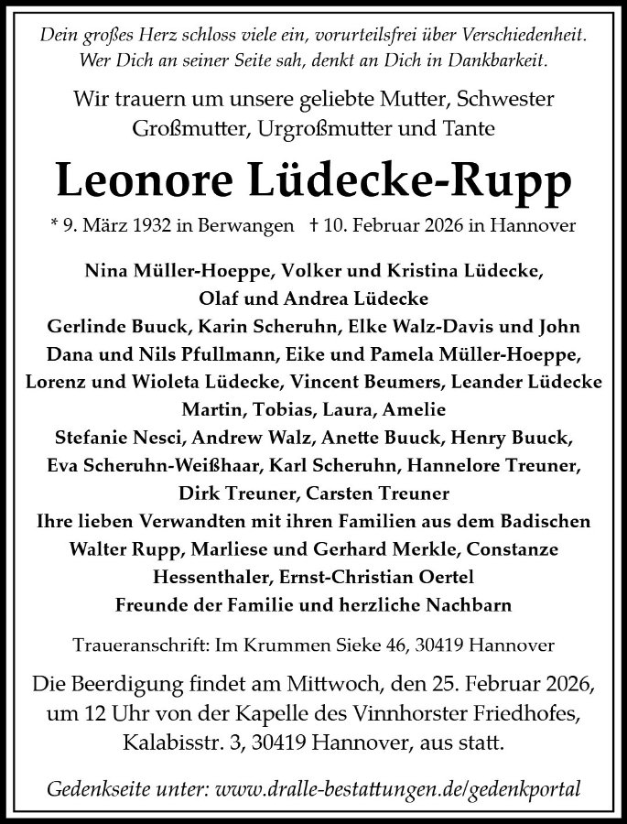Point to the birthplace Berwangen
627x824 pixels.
[243, 224]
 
